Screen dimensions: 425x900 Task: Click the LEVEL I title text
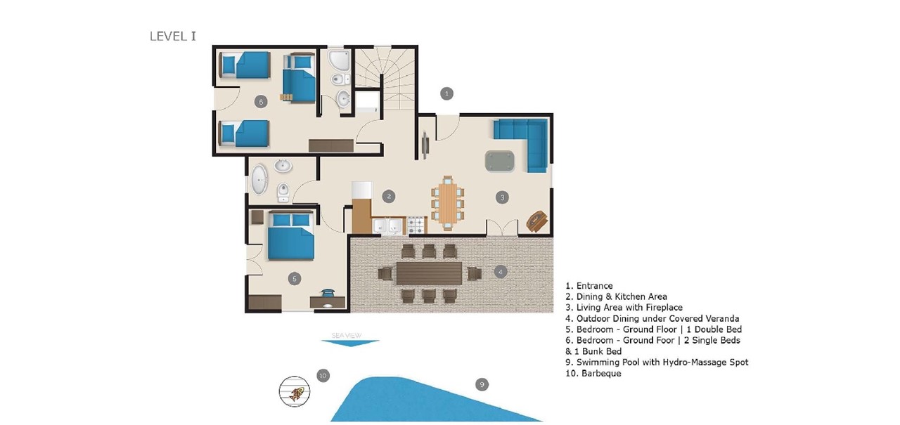pos(173,36)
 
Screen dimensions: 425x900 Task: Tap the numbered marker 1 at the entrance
pos(446,93)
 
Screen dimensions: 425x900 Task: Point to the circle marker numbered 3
pos(501,197)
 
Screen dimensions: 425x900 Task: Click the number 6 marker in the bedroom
pos(261,102)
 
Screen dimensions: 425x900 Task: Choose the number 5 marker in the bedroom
pos(295,279)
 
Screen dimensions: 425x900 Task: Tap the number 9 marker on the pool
pos(482,384)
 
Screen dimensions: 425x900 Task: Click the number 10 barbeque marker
pos(323,375)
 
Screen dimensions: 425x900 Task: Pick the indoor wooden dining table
pos(447,202)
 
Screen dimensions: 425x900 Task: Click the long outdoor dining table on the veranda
pos(428,273)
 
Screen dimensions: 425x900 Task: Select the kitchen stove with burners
pos(416,225)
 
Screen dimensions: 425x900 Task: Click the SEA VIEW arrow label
pos(349,339)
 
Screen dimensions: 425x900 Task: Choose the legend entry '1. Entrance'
pos(589,286)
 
